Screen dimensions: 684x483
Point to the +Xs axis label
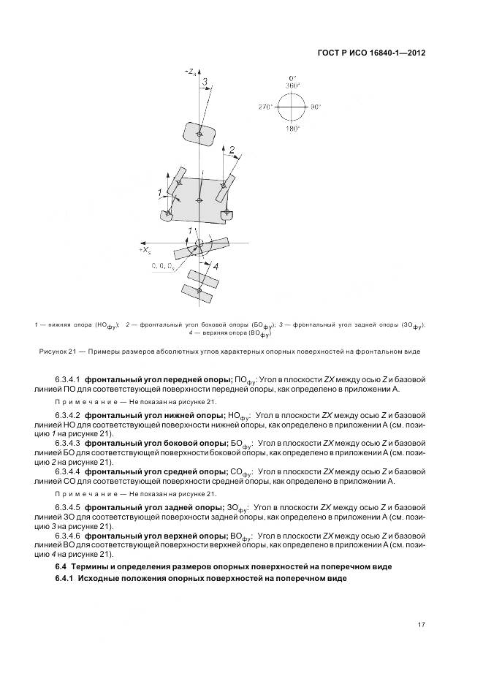pos(144,250)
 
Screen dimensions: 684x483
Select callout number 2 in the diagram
pos(232,151)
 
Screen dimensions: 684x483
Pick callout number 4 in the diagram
pos(215,267)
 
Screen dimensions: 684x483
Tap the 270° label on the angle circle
pos(265,107)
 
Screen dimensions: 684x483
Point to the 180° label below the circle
pos(293,128)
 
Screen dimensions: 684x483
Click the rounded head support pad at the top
pos(197,133)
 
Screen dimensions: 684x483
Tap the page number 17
pos(421,623)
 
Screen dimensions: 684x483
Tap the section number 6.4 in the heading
pos(61,566)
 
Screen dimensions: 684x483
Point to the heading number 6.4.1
pos(65,579)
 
